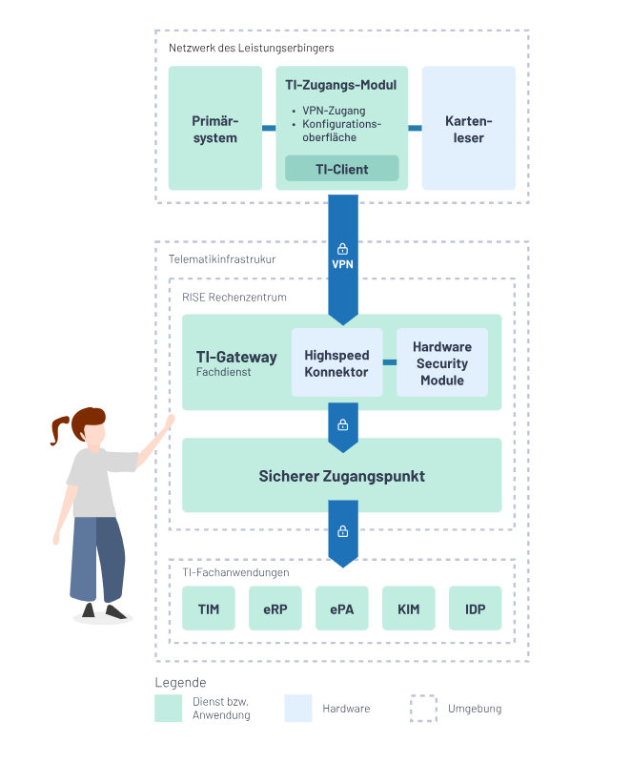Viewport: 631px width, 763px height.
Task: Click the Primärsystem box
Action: coord(214,129)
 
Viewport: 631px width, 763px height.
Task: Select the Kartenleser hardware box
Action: coord(468,129)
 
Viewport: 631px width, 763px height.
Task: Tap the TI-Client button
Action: coord(341,169)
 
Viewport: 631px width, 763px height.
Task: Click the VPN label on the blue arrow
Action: coord(342,264)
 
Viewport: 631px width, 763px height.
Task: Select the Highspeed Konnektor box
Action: coord(336,362)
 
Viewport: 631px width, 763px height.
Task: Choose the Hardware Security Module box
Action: coord(441,362)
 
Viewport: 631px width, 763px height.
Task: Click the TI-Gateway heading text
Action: coord(236,357)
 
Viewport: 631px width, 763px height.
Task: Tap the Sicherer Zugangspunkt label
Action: coord(341,476)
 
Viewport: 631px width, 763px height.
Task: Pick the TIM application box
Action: coord(208,608)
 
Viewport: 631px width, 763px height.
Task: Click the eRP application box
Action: coord(275,608)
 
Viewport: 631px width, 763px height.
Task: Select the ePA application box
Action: coord(341,608)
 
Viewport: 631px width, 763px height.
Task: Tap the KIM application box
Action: coord(408,608)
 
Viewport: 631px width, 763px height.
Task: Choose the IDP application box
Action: coord(475,608)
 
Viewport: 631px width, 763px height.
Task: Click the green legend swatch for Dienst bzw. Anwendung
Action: coord(168,709)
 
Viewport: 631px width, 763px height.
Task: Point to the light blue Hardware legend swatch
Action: coord(298,709)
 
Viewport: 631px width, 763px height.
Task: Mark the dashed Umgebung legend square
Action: coord(423,709)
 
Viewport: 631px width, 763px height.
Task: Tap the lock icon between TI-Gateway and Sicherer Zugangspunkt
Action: coord(342,424)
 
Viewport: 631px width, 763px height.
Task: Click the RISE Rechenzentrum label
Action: coord(234,297)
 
